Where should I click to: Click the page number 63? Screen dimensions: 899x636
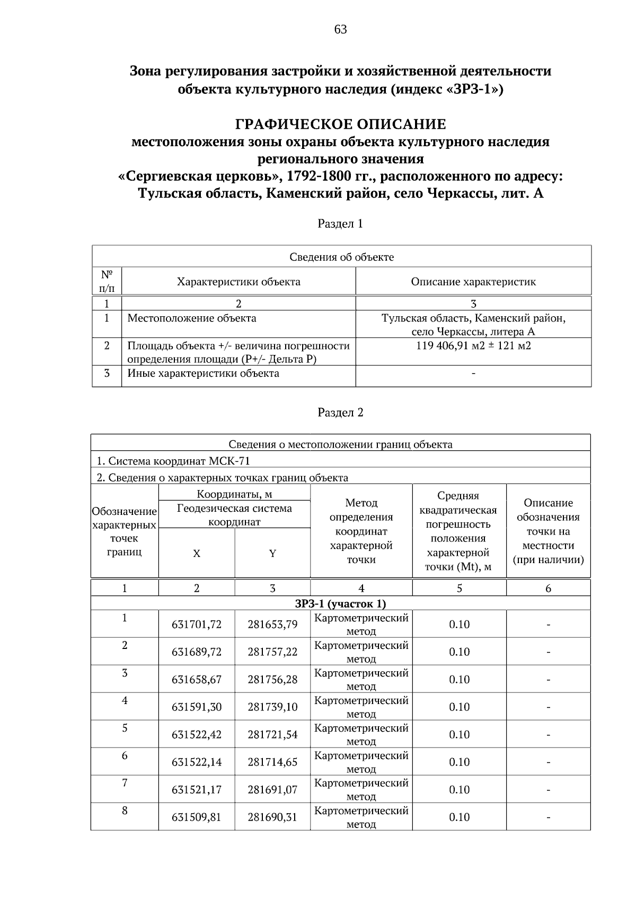[x=340, y=30]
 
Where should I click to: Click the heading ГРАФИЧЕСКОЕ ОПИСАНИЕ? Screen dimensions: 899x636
[x=340, y=124]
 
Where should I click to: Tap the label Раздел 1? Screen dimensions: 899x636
[x=340, y=224]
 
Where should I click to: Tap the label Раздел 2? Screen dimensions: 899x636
[x=340, y=412]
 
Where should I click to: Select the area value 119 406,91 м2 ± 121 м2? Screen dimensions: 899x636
[x=473, y=346]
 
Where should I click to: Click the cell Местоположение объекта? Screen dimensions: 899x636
[x=192, y=318]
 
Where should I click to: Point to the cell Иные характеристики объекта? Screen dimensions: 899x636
[x=203, y=373]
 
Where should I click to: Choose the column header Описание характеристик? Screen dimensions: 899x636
[x=473, y=282]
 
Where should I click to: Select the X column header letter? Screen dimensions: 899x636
[x=197, y=554]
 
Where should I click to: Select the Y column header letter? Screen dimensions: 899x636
[x=272, y=554]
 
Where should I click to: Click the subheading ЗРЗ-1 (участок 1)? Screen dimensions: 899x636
[x=340, y=603]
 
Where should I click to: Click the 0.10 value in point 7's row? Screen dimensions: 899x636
[x=459, y=789]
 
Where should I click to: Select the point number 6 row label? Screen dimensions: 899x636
[x=125, y=755]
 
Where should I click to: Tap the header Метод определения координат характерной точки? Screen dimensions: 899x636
[x=361, y=531]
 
